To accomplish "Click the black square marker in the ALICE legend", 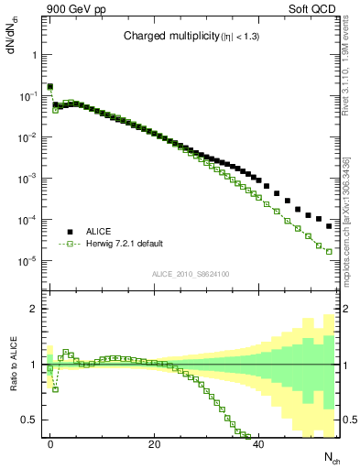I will click(x=70, y=231).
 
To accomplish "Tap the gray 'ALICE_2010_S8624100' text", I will click(x=190, y=273).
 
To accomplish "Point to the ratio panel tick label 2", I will click(x=30, y=309).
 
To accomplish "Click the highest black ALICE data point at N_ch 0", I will click(x=50, y=87).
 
